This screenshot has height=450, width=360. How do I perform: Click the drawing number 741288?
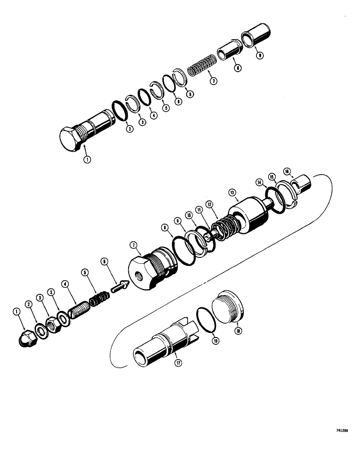(x=346, y=430)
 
